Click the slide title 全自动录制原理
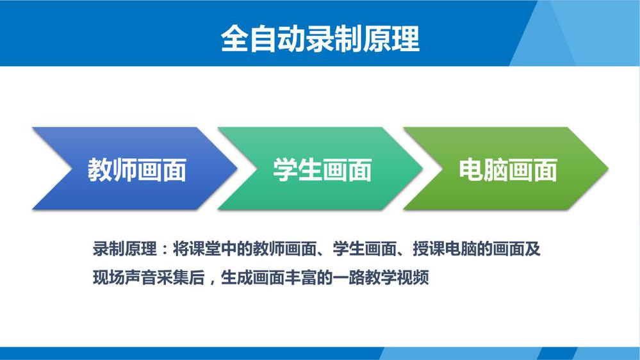click(320, 39)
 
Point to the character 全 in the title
click(235, 39)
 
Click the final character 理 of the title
click(406, 39)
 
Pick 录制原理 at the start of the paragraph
click(124, 249)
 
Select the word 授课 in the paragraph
click(428, 249)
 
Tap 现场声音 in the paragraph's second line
click(124, 277)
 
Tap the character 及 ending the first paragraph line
click(532, 249)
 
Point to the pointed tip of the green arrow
click(608, 168)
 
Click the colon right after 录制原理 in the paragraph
click(165, 249)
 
